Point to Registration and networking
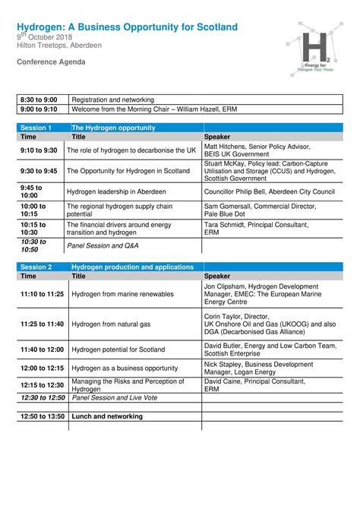pyautogui.click(x=113, y=100)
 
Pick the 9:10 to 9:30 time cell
pyautogui.click(x=39, y=150)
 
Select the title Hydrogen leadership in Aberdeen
pyautogui.click(x=116, y=192)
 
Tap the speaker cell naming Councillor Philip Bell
pyautogui.click(x=270, y=192)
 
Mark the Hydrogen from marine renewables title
pyautogui.click(x=123, y=293)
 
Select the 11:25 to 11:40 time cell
pyautogui.click(x=43, y=324)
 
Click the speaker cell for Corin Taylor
pyautogui.click(x=270, y=324)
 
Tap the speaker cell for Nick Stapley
pyautogui.click(x=258, y=368)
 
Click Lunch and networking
pyautogui.click(x=107, y=416)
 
